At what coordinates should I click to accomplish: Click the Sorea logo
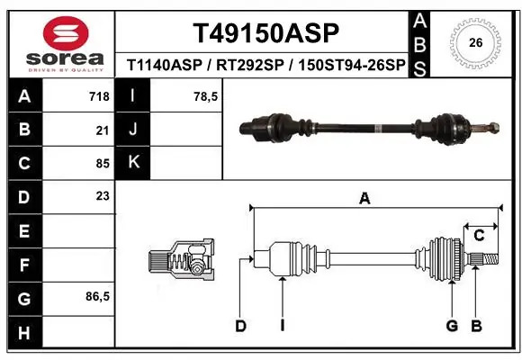58,41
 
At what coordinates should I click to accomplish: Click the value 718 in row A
99,96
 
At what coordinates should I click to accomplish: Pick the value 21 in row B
102,130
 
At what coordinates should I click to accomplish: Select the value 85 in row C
102,164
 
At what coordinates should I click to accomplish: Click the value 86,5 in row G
97,297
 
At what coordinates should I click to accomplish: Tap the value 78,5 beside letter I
206,96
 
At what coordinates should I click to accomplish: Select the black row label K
133,163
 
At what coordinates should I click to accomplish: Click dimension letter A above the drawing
364,199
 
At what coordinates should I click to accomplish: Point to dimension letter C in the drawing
480,236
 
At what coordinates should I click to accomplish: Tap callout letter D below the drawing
240,326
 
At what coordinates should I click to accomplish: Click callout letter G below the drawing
453,326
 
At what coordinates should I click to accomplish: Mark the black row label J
133,130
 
